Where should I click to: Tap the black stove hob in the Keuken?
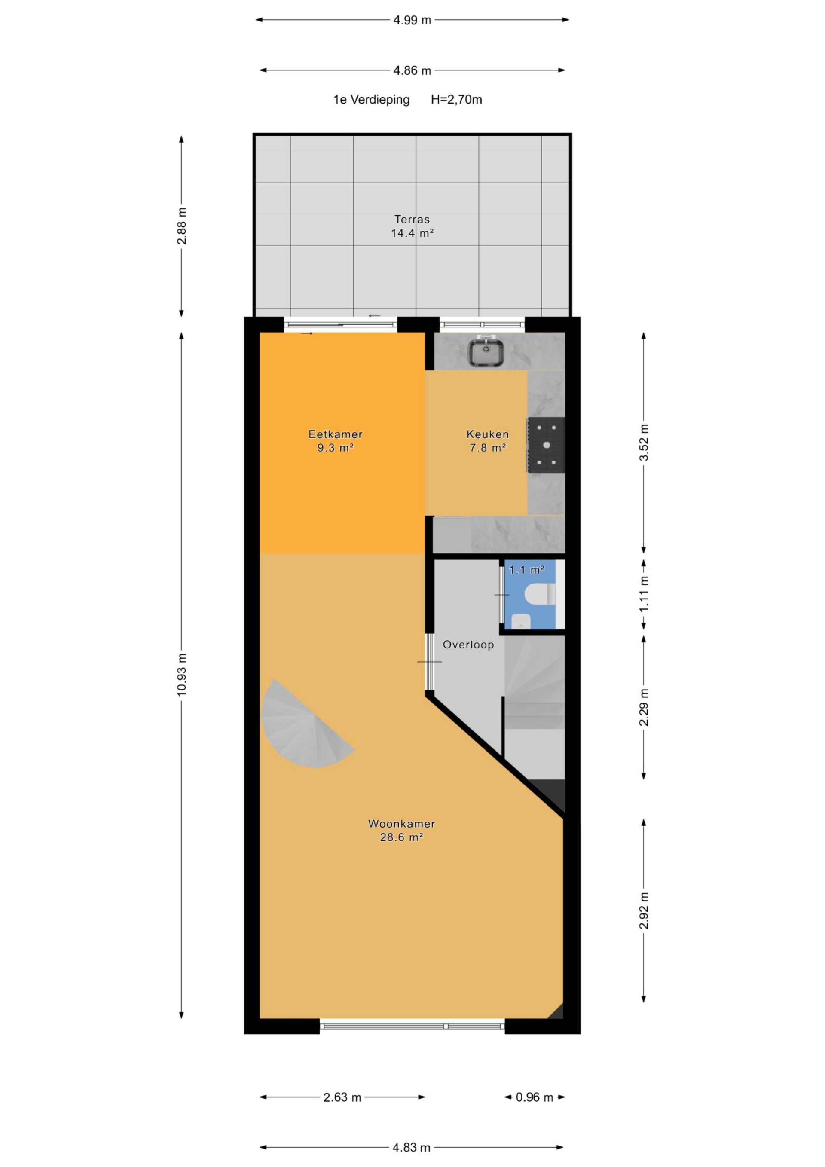(546, 445)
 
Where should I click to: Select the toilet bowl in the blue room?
(539, 594)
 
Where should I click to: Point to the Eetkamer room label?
(336, 434)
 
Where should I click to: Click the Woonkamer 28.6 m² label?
(402, 830)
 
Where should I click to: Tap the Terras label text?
(412, 220)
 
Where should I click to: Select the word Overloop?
(468, 645)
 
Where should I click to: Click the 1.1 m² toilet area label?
(527, 570)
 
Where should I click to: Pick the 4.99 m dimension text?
(412, 20)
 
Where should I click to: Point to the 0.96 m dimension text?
(534, 1097)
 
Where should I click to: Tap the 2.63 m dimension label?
(342, 1097)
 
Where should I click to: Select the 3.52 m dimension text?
(644, 442)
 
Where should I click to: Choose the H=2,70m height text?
(456, 100)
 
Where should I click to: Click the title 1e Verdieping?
(372, 100)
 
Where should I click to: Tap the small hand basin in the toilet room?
(521, 621)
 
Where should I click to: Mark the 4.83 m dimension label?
(412, 1147)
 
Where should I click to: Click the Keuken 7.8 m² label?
(487, 441)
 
